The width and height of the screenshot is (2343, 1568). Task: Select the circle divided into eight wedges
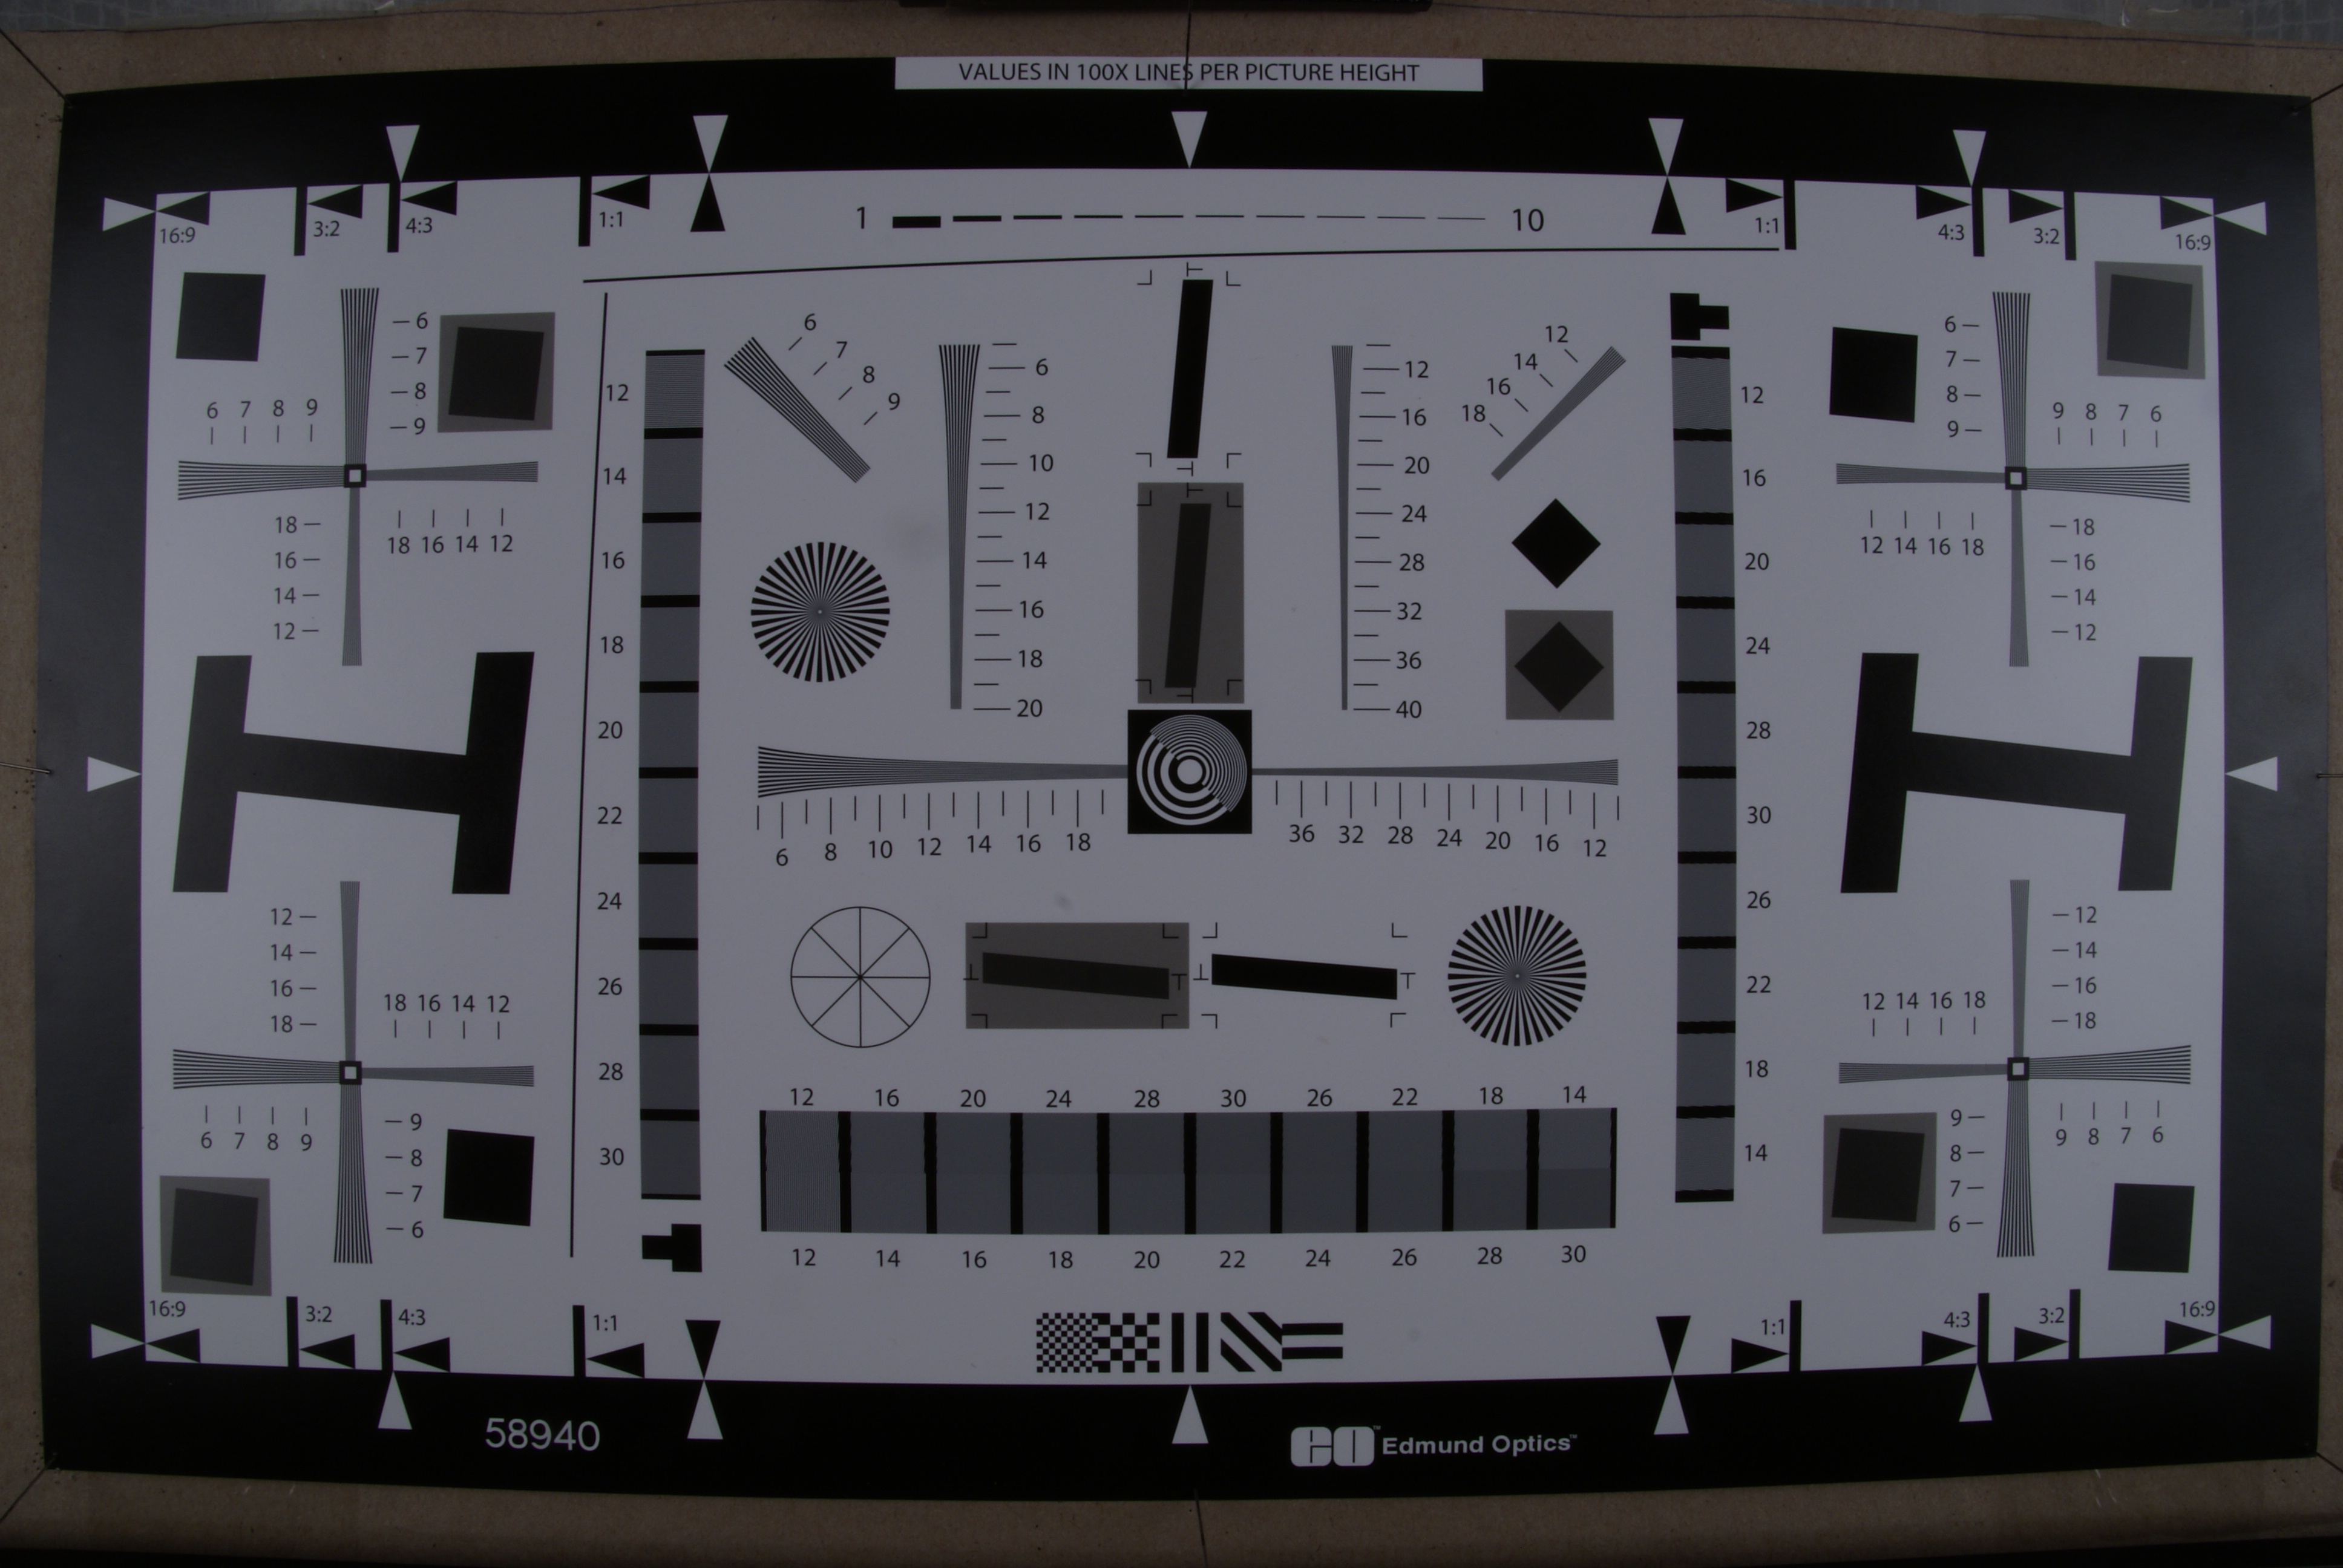point(860,977)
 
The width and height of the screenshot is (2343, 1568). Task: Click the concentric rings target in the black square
point(1189,771)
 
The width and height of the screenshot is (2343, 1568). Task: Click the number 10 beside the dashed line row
point(1527,221)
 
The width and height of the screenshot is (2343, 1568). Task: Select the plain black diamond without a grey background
point(1555,544)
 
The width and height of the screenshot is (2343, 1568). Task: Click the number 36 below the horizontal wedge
point(1301,834)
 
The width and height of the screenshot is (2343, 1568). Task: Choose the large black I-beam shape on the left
point(353,772)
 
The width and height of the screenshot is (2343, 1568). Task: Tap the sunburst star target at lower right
point(1517,975)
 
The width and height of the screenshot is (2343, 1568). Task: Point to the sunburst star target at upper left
point(820,611)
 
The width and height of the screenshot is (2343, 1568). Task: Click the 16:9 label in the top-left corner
point(177,236)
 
